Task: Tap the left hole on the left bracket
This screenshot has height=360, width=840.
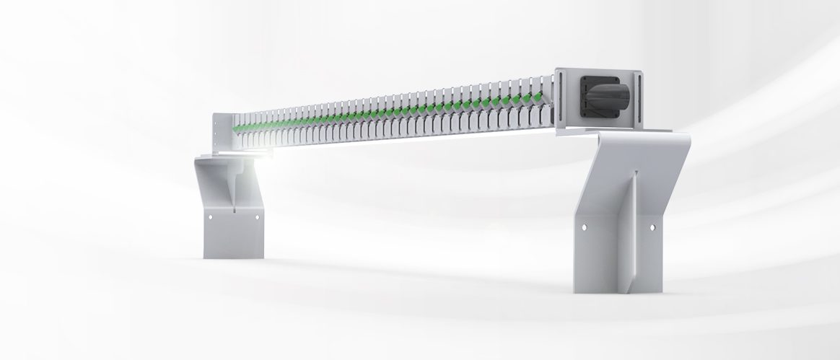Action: [210, 216]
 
